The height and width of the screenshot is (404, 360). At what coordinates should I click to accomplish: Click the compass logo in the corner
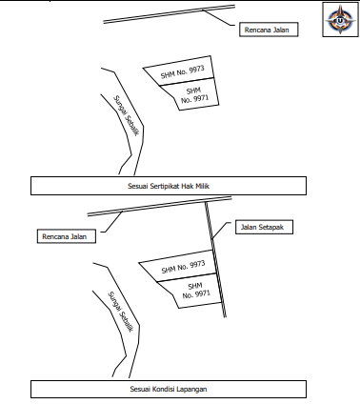click(x=340, y=19)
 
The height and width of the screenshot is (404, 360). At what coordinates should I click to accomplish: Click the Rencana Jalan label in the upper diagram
click(x=269, y=30)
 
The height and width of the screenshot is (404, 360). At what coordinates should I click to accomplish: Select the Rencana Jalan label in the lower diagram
click(x=67, y=236)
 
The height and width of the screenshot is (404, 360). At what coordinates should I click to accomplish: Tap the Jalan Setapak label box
click(x=264, y=227)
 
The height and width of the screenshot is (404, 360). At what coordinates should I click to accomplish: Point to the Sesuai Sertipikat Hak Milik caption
click(x=169, y=186)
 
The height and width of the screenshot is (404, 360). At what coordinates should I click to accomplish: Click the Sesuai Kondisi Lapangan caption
click(x=169, y=389)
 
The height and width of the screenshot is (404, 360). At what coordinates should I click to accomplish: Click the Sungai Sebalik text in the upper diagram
click(x=126, y=116)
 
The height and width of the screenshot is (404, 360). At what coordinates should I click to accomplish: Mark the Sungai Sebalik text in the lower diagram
click(x=120, y=313)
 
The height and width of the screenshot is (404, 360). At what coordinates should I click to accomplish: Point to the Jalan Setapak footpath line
click(x=215, y=259)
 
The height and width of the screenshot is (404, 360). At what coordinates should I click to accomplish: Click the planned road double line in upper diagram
click(x=169, y=14)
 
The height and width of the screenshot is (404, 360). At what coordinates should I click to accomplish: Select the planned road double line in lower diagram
click(x=159, y=206)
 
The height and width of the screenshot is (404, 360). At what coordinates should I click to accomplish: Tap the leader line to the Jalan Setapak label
click(x=221, y=230)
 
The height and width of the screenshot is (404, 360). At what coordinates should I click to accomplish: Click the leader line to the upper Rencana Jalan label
click(x=220, y=17)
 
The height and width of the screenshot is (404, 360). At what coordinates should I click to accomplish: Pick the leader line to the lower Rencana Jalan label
click(x=112, y=222)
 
